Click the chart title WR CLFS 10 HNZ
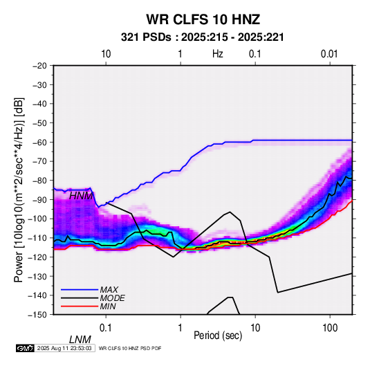coord(203,19)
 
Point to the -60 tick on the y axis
coord(39,142)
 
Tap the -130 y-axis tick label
coord(37,276)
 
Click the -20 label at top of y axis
coord(39,66)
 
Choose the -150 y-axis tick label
coord(37,315)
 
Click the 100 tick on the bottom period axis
coord(330,328)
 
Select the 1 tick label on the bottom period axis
coord(181,328)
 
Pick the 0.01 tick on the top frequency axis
coord(329,54)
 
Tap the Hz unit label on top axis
coord(218,54)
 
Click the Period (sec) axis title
coord(218,336)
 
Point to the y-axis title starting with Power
coord(19,190)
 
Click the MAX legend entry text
coord(109,289)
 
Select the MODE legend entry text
coord(112,298)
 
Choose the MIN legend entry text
coord(108,306)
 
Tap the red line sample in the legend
coord(80,306)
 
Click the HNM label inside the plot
coord(81,196)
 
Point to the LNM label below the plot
coord(80,340)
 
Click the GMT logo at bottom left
coord(26,348)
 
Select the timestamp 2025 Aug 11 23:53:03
coord(64,348)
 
